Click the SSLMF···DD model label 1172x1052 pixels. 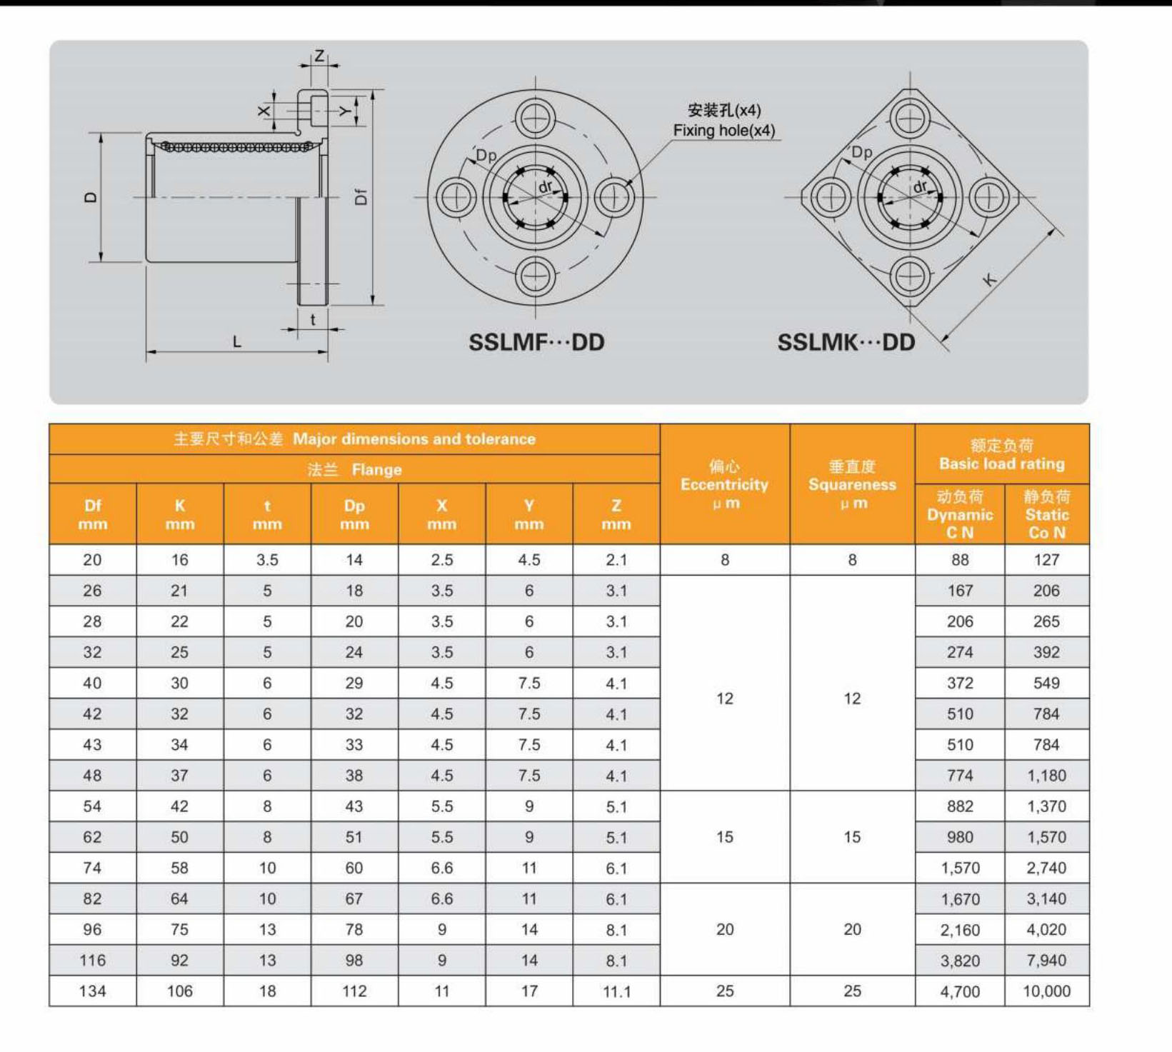click(x=536, y=342)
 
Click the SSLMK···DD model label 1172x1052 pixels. click(x=846, y=342)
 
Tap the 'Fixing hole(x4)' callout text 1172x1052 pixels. click(x=723, y=131)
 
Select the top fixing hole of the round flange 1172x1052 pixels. click(x=535, y=118)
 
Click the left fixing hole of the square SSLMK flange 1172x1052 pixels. click(x=831, y=196)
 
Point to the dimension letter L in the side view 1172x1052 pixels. click(x=237, y=342)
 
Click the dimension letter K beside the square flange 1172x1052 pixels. click(x=990, y=279)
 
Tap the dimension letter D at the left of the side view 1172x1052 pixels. click(x=91, y=197)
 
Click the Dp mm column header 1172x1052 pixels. click(x=354, y=514)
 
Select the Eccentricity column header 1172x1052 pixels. click(x=724, y=484)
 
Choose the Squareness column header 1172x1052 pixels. click(x=852, y=484)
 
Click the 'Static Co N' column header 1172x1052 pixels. click(x=1046, y=514)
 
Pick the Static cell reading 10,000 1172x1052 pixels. click(x=1046, y=991)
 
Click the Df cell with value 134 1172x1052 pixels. click(x=92, y=991)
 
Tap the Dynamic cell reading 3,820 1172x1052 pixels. click(x=960, y=961)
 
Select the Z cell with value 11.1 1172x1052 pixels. click(x=616, y=991)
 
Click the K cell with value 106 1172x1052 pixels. click(x=179, y=991)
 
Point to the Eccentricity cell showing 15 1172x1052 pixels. click(x=724, y=837)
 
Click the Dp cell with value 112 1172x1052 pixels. click(x=354, y=991)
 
